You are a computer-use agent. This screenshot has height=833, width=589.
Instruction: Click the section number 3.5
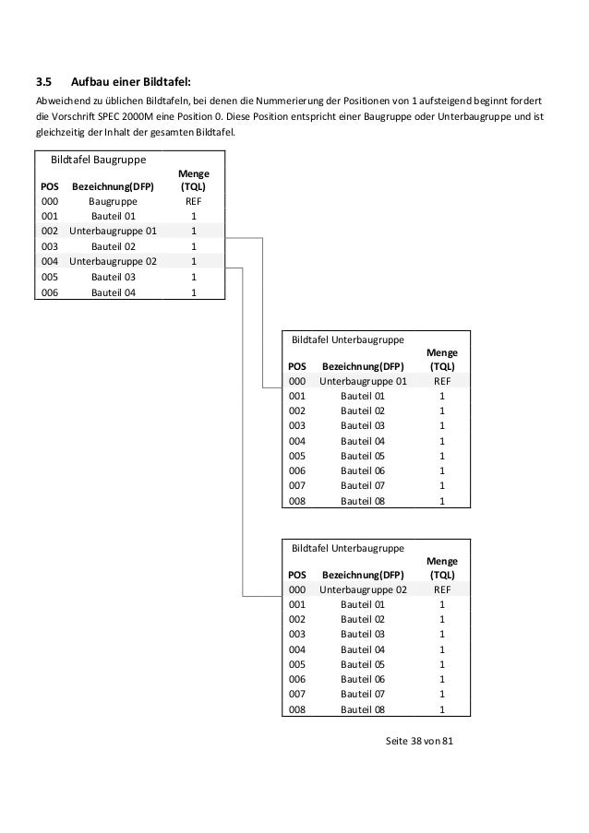42,80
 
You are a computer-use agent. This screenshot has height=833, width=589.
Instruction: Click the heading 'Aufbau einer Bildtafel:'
131,80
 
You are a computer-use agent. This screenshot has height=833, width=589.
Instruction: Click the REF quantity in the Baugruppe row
193,199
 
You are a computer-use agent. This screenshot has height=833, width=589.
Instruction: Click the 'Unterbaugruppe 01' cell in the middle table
363,380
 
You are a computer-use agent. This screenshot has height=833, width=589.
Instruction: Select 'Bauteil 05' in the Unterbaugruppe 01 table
363,456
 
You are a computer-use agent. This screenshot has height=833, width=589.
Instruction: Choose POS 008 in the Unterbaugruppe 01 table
297,502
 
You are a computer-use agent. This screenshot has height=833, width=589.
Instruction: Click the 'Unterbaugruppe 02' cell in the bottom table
363,589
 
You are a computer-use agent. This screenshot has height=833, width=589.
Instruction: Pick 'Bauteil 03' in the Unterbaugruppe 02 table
363,634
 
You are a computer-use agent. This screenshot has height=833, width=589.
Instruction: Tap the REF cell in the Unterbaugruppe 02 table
442,589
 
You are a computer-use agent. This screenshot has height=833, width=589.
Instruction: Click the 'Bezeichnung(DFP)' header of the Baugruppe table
113,184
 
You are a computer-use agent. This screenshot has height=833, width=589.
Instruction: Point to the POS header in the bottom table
297,574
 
